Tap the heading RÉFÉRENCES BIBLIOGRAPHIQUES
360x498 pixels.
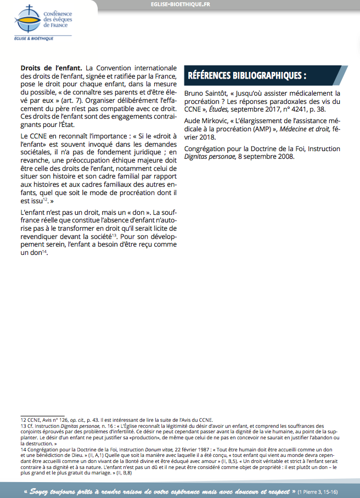click(247, 75)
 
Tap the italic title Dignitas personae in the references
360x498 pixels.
click(209, 156)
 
